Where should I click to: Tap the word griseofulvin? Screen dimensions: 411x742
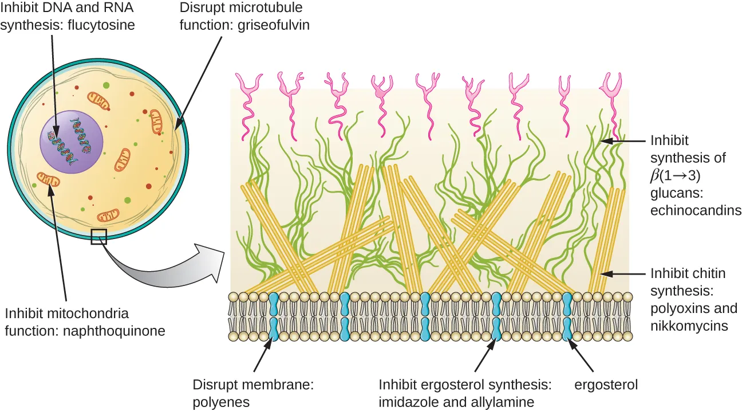click(273, 26)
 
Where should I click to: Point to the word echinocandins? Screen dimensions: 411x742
click(696, 210)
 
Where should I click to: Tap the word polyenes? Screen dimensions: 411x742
click(221, 402)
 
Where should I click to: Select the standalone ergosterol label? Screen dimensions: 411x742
click(606, 385)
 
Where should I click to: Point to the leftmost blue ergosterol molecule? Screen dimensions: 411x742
click(274, 317)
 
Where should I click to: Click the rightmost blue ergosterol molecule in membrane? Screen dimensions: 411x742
click(567, 317)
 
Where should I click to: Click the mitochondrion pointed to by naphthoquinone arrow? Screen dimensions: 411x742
click(48, 181)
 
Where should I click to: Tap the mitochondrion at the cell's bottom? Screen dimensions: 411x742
click(108, 216)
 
